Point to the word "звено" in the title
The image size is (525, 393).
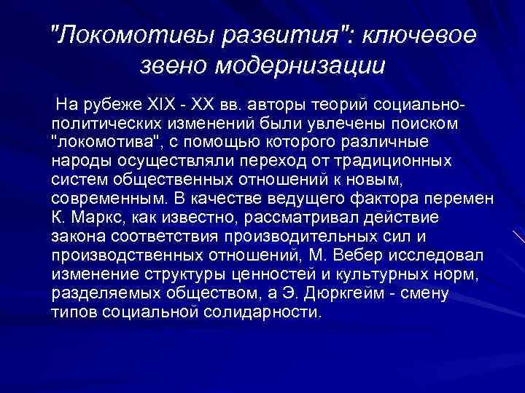pos(173,66)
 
